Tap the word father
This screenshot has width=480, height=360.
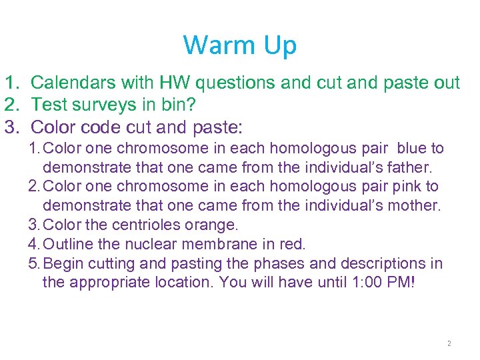tap(411, 167)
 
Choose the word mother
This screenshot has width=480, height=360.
tap(415, 205)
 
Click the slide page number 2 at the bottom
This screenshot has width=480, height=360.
tap(449, 343)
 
